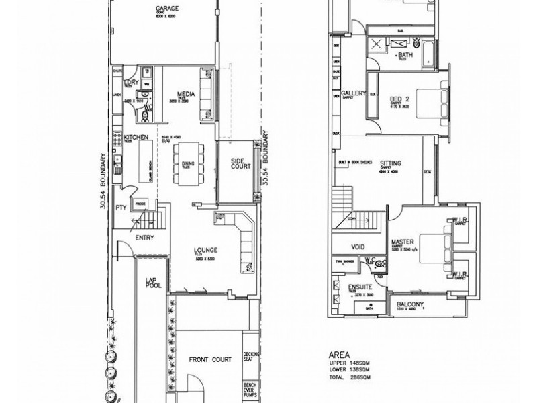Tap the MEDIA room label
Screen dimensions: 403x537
click(185, 94)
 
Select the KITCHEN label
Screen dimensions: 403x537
click(135, 138)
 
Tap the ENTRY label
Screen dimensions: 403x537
click(145, 237)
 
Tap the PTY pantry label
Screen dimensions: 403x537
click(121, 208)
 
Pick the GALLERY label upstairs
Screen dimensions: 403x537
click(353, 93)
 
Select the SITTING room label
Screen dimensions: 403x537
click(391, 163)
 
